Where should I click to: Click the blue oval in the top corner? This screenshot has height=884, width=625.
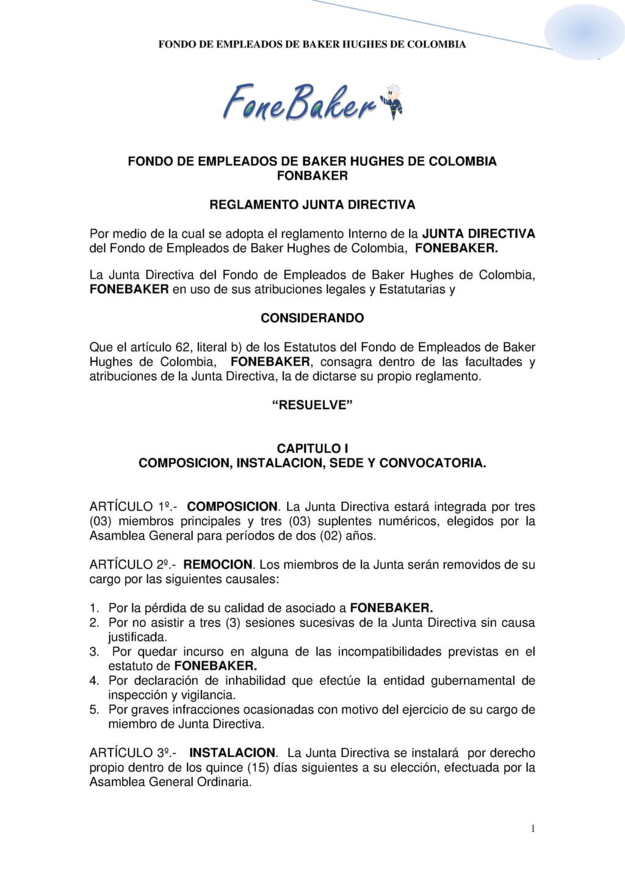583,32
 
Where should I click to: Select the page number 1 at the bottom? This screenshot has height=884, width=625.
533,828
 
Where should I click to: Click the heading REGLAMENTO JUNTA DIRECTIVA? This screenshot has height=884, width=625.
312,205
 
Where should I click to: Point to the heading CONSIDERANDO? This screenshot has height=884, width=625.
312,318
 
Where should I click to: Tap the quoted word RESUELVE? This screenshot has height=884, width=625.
312,405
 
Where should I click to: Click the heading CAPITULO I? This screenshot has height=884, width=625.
312,448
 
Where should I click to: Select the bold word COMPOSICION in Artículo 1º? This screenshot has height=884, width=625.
232,507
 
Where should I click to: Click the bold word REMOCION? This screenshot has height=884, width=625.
217,565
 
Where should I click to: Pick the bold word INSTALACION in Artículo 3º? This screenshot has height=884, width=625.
233,753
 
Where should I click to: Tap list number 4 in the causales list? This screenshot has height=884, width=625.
94,681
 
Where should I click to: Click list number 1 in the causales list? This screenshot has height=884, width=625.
94,608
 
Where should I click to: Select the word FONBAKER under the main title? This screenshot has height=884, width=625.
312,176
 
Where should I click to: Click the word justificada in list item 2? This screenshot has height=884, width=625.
137,637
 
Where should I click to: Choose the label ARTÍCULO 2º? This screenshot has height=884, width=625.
129,565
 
